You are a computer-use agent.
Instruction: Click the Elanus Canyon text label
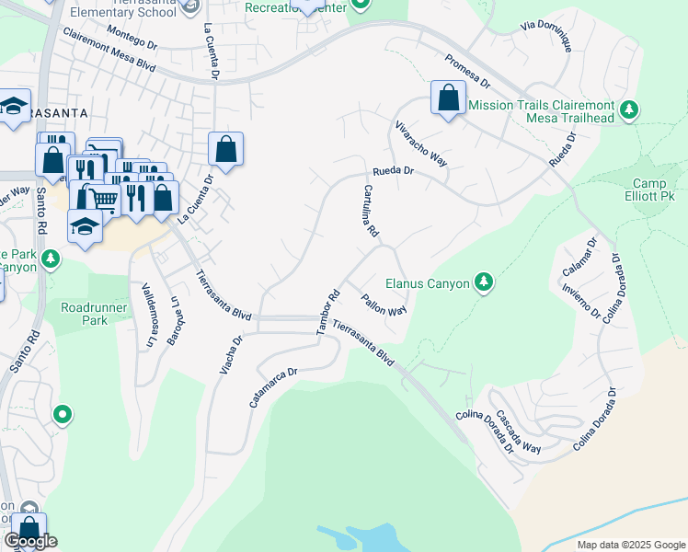coord(427,283)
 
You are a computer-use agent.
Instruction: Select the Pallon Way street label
coord(384,305)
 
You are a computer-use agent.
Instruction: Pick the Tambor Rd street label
coord(329,312)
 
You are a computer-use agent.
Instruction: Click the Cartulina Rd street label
coord(370,212)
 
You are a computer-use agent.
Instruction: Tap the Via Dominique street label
coord(547,33)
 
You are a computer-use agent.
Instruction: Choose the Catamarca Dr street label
coord(274,388)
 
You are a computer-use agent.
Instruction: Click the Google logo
coord(31,541)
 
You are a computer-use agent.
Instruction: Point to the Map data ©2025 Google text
coord(630,545)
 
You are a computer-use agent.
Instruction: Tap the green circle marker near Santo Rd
coord(63,415)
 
